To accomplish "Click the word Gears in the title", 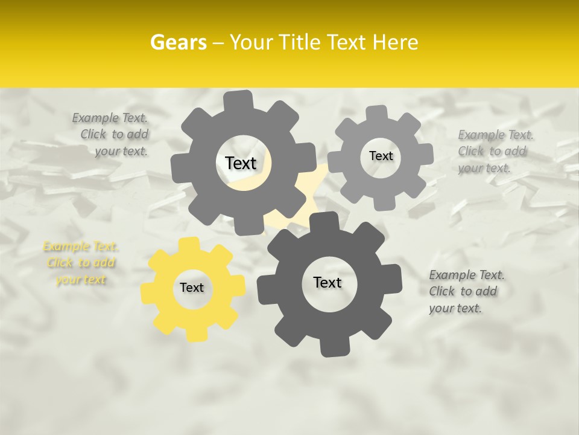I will [178, 42].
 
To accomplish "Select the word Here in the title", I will [395, 42].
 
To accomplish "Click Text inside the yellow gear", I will [192, 288].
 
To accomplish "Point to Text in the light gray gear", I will [381, 156].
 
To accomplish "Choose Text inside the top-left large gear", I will [241, 163].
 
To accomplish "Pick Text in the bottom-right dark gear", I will [327, 282].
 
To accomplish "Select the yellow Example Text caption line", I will [80, 246].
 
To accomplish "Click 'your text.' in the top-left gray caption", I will [121, 152].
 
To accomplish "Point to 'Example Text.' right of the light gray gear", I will [495, 135].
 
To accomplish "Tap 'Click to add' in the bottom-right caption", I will [463, 291].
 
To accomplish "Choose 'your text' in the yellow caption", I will [80, 280].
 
